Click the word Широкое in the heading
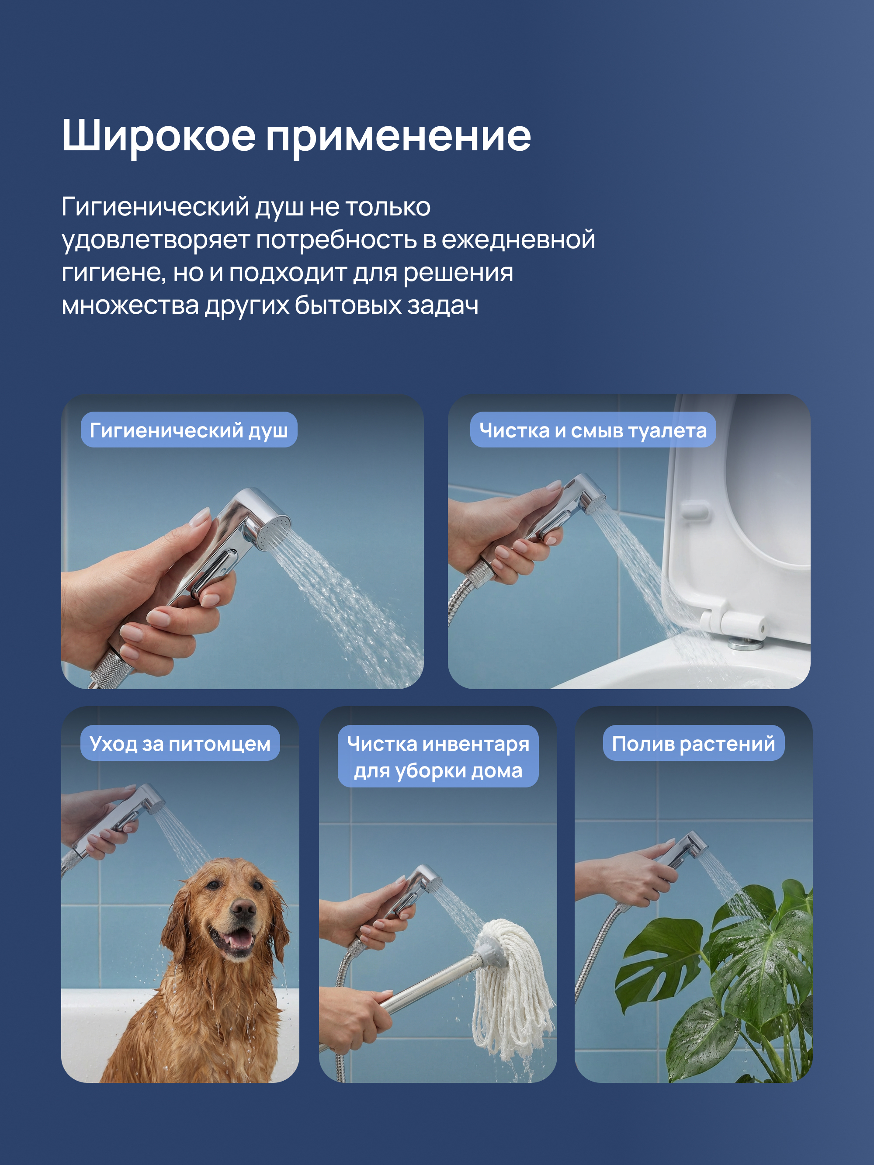click(x=159, y=136)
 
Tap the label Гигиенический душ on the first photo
click(x=189, y=430)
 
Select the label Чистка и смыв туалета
click(x=593, y=430)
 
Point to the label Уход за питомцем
click(x=180, y=742)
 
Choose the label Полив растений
click(x=693, y=742)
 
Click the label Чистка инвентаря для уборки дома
click(x=438, y=756)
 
